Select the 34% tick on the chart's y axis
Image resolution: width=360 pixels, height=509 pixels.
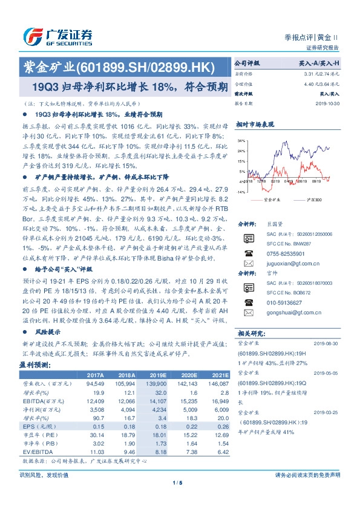[x=241, y=140]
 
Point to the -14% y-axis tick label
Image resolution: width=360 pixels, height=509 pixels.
[x=241, y=192]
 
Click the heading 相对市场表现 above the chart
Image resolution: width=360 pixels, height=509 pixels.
[x=256, y=123]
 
